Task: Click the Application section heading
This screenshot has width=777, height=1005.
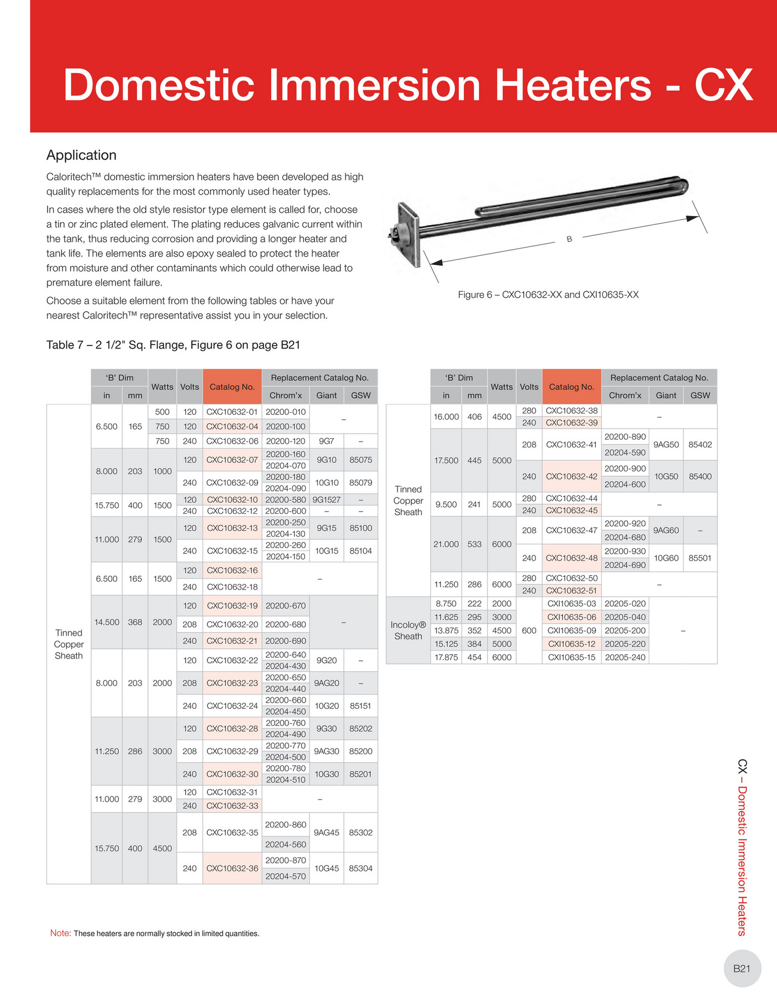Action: point(81,155)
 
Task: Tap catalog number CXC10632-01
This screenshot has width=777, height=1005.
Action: point(232,412)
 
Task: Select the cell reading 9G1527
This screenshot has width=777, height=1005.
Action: point(326,499)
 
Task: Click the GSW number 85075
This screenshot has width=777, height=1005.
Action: point(360,460)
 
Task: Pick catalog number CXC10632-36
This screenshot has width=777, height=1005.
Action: point(232,868)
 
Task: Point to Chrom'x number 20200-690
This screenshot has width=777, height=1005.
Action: point(286,641)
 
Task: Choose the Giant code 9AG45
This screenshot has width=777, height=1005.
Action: point(326,833)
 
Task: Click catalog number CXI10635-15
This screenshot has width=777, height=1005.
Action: point(571,657)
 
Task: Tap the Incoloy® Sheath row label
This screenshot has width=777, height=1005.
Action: point(408,630)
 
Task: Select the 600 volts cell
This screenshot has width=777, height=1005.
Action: point(529,630)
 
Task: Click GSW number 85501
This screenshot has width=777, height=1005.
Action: point(700,558)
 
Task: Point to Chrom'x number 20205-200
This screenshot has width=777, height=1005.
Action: point(625,630)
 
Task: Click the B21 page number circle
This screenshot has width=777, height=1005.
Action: point(742,969)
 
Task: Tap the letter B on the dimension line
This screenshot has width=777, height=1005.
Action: point(569,239)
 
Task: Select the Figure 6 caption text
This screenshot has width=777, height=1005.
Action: point(548,295)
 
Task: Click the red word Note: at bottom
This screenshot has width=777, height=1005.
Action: point(60,933)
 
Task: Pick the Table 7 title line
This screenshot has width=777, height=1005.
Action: point(173,345)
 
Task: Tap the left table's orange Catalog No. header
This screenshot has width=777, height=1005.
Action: point(232,387)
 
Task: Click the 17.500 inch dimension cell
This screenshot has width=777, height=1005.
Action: point(446,460)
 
